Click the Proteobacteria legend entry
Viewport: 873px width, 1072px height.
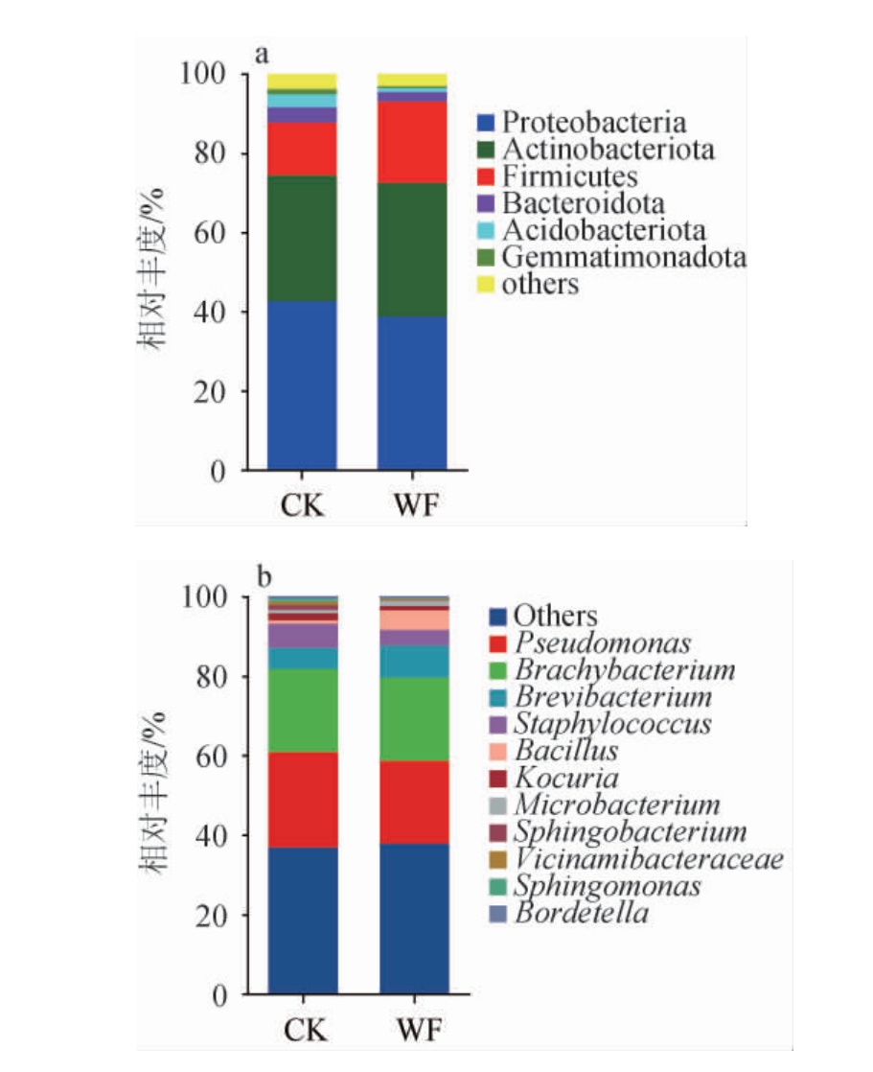(x=594, y=123)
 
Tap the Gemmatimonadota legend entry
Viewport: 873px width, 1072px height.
(x=624, y=257)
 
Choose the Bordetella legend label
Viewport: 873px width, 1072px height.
(x=581, y=912)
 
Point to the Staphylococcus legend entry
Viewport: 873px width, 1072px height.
(x=612, y=723)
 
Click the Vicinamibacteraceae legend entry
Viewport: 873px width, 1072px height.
(x=648, y=858)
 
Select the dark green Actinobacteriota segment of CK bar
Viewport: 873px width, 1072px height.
(x=302, y=239)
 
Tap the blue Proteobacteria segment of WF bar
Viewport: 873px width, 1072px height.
(x=412, y=393)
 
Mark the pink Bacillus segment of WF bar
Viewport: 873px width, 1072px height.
(x=414, y=619)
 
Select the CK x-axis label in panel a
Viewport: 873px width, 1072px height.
(x=303, y=504)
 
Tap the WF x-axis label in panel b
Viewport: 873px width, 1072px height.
(x=414, y=1031)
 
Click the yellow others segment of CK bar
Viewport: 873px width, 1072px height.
(x=302, y=81)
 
